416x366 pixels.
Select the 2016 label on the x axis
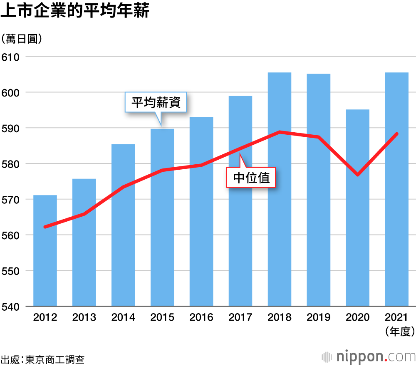point(201,318)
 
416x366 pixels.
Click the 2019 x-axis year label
point(319,318)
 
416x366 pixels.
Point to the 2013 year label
point(84,318)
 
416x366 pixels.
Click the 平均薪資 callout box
point(156,102)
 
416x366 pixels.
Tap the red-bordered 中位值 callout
point(251,178)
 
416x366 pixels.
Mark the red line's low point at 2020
point(358,175)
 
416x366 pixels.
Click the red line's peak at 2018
point(280,132)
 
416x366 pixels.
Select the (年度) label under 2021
point(397,331)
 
